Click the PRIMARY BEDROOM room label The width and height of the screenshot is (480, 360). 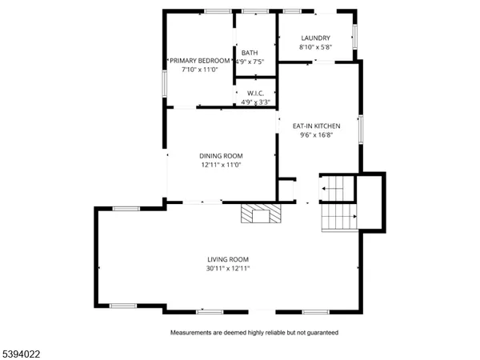coord(198,61)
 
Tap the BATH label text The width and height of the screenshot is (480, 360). coord(250,53)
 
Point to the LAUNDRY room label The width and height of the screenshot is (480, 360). coord(315,38)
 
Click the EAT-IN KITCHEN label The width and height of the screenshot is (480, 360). coord(316,126)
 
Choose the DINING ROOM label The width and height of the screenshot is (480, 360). coord(221,156)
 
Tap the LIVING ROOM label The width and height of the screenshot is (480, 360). coord(229,259)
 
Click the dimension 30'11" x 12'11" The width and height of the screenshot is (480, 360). coord(229,269)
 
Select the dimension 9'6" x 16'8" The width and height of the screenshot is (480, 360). coord(316,135)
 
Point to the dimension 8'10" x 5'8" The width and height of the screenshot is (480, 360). coord(315,47)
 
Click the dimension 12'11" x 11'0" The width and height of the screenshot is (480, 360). coord(221,165)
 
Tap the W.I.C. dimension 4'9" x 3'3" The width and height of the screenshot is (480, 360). coord(256,102)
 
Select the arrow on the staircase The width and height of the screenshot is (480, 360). coord(327,189)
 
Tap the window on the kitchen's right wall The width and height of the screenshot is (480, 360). coord(361,128)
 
